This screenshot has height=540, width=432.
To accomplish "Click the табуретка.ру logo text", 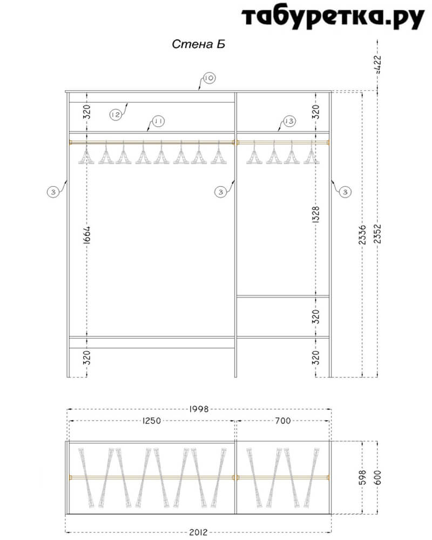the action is pyautogui.click(x=333, y=18).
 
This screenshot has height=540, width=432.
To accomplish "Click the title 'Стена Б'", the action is pyautogui.click(x=198, y=44).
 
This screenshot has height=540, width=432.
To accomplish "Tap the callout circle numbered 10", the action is pyautogui.click(x=209, y=78).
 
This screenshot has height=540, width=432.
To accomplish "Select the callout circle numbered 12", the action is pyautogui.click(x=116, y=114).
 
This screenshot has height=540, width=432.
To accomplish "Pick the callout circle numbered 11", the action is pyautogui.click(x=158, y=121).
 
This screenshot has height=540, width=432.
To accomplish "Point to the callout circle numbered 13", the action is pyautogui.click(x=289, y=121).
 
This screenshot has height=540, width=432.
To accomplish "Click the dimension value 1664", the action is pyautogui.click(x=86, y=235).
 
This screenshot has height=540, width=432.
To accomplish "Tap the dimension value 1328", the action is pyautogui.click(x=315, y=214).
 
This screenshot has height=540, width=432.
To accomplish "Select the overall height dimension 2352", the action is pyautogui.click(x=377, y=234).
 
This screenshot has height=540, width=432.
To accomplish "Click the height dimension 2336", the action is pyautogui.click(x=362, y=235).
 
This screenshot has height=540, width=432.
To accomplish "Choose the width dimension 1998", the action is pyautogui.click(x=199, y=409).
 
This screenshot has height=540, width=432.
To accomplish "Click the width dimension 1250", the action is pyautogui.click(x=152, y=421).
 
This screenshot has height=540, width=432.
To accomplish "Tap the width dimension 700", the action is pyautogui.click(x=283, y=421).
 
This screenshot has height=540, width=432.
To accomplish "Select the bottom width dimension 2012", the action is pyautogui.click(x=198, y=532).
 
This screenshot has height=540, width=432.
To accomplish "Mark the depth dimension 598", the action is pyautogui.click(x=362, y=477).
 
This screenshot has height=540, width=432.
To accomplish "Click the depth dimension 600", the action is pyautogui.click(x=377, y=477).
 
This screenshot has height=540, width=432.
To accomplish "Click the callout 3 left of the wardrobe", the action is pyautogui.click(x=53, y=192).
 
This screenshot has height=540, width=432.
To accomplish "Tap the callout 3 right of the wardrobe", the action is pyautogui.click(x=345, y=192).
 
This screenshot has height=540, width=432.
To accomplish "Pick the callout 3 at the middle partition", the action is pyautogui.click(x=220, y=192).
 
